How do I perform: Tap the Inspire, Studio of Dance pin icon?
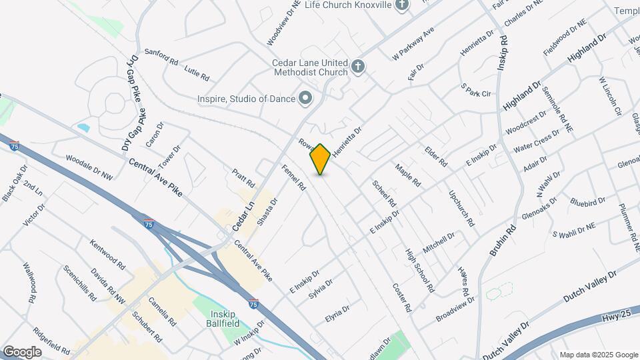[306, 99]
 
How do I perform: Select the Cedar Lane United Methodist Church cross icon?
[358, 66]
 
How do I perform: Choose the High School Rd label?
[420, 271]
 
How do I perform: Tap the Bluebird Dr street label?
[587, 200]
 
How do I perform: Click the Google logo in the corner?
[22, 351]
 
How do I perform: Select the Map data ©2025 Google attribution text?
[598, 355]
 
